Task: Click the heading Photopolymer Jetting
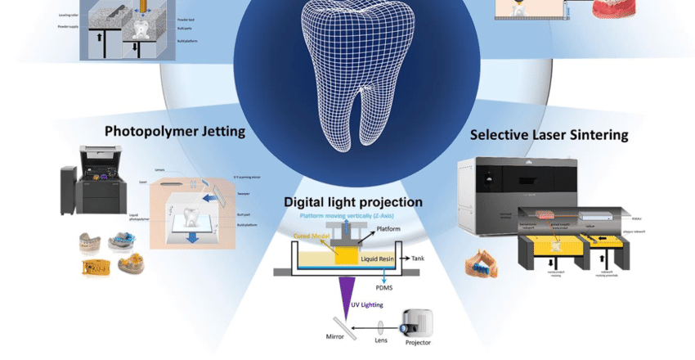[175, 131]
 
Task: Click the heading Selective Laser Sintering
[549, 134]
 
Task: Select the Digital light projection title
[353, 201]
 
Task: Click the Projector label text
[418, 342]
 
